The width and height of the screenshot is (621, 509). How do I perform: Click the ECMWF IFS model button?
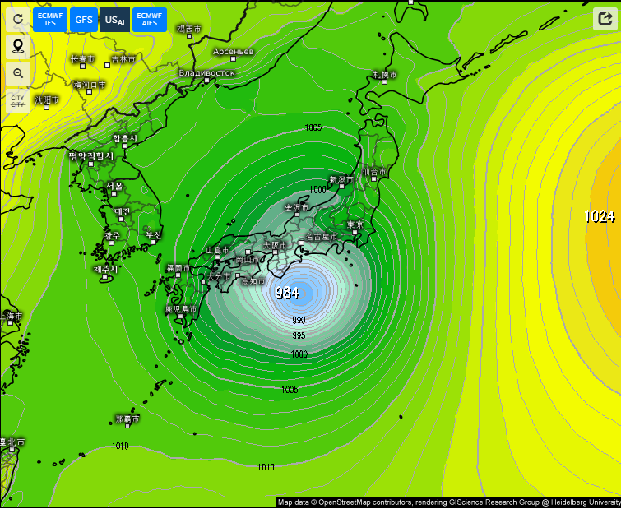pyautogui.click(x=50, y=19)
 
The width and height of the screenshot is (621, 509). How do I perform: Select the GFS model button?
pyautogui.click(x=84, y=19)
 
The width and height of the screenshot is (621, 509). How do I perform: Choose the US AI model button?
pyautogui.click(x=115, y=19)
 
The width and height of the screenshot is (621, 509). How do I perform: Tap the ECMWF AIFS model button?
pyautogui.click(x=150, y=19)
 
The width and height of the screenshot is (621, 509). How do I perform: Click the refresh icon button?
pyautogui.click(x=18, y=19)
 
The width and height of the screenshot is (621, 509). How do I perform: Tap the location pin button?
pyautogui.click(x=18, y=46)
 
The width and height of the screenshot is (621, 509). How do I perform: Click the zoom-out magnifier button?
pyautogui.click(x=18, y=73)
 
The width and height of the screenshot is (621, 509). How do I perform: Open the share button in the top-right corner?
pyautogui.click(x=605, y=20)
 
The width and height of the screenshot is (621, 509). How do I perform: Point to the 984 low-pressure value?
pyautogui.click(x=287, y=293)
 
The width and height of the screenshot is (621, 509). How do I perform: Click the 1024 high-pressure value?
pyautogui.click(x=600, y=216)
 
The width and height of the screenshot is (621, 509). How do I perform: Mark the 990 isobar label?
pyautogui.click(x=299, y=320)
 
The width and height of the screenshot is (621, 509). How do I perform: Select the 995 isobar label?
pyautogui.click(x=299, y=335)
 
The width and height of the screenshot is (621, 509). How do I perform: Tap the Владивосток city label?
pyautogui.click(x=207, y=72)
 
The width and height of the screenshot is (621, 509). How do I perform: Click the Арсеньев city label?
pyautogui.click(x=234, y=52)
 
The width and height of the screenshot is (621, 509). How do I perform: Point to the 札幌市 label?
pyautogui.click(x=384, y=75)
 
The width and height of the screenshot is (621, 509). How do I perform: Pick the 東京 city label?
pyautogui.click(x=355, y=224)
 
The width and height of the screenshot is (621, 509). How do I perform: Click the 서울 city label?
pyautogui.click(x=114, y=186)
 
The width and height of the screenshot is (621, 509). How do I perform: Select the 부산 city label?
pyautogui.click(x=154, y=235)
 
